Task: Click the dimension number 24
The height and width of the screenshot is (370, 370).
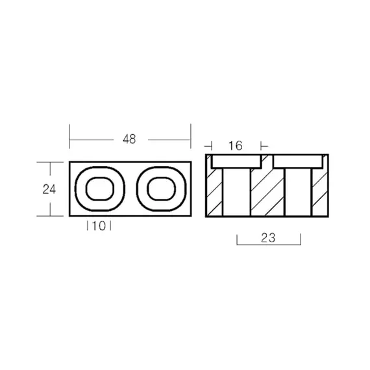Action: pyautogui.click(x=49, y=190)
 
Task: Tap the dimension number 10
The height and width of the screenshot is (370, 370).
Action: pyautogui.click(x=99, y=226)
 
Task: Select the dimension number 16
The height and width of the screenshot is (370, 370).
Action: pyautogui.click(x=235, y=146)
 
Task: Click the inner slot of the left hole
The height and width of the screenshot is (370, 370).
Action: pyautogui.click(x=99, y=189)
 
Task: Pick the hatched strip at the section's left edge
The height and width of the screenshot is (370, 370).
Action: pyautogui.click(x=214, y=191)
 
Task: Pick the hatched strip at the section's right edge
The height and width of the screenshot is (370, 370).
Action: pyautogui.click(x=319, y=191)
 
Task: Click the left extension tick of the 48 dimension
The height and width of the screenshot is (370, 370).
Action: pyautogui.click(x=69, y=137)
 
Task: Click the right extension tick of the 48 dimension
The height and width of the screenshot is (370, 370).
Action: pyautogui.click(x=190, y=137)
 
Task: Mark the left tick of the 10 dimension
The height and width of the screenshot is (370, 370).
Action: pyautogui.click(x=88, y=226)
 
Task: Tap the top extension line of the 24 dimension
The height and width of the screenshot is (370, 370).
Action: pyautogui.click(x=49, y=161)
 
